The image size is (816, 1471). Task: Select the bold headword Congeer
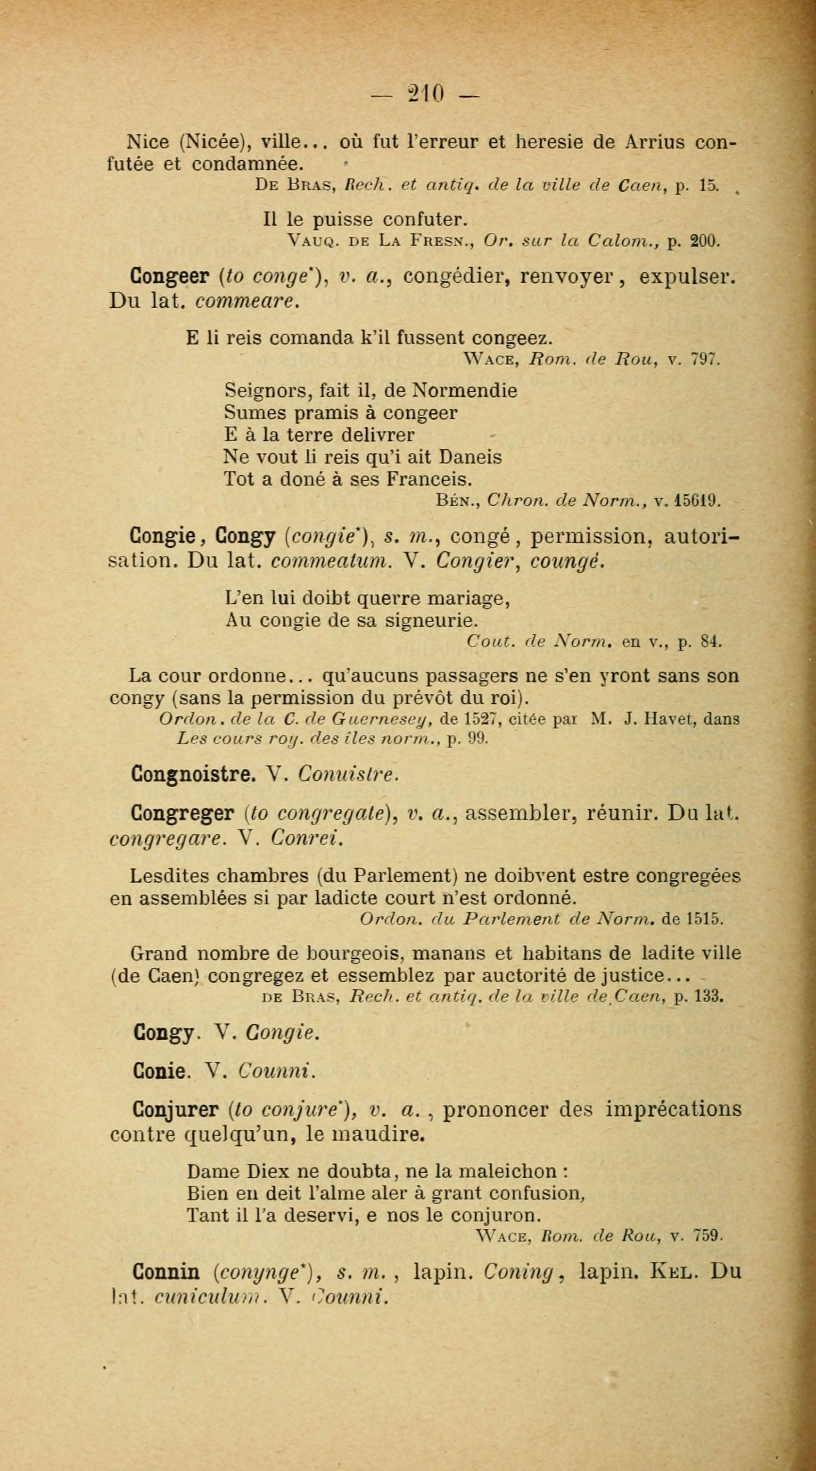[x=168, y=277]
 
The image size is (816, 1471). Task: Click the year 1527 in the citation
[x=472, y=720]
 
